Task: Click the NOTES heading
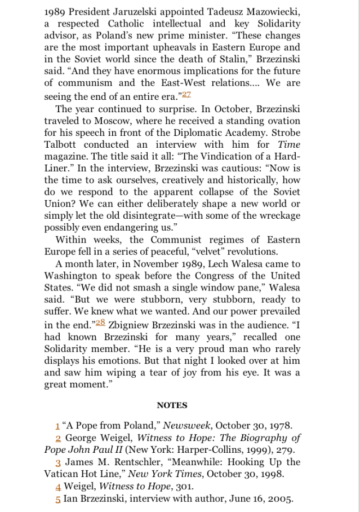pyautogui.click(x=172, y=405)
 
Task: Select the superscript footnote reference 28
pyautogui.click(x=100, y=323)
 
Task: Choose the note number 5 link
pyautogui.click(x=58, y=499)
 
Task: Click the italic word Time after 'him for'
pyautogui.click(x=289, y=144)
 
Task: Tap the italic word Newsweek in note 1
pyautogui.click(x=186, y=426)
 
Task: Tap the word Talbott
pyautogui.click(x=60, y=144)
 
